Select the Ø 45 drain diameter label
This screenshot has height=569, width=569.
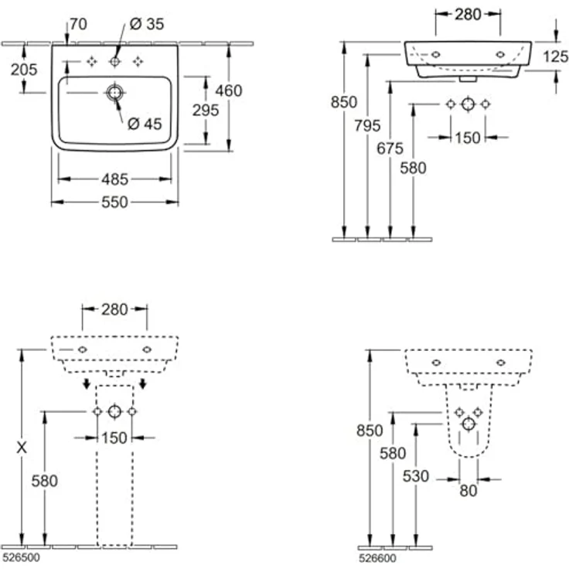[x=144, y=123]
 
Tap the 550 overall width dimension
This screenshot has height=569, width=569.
[x=114, y=202]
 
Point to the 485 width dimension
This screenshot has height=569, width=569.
[x=114, y=179]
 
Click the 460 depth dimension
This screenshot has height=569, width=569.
[x=228, y=90]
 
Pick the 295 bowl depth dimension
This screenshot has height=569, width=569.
[x=205, y=110]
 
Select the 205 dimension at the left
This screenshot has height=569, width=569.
[x=23, y=69]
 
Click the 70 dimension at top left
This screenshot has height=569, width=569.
[x=77, y=24]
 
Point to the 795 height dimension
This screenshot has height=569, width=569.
[x=366, y=126]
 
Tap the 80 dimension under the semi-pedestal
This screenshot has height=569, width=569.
[x=468, y=490]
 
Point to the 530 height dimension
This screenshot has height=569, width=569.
[x=414, y=475]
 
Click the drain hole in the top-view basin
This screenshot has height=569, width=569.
[x=114, y=93]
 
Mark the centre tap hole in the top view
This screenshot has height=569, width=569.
[x=114, y=61]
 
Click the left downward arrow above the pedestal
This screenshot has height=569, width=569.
[x=87, y=384]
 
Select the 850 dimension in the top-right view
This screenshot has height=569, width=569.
[x=343, y=101]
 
